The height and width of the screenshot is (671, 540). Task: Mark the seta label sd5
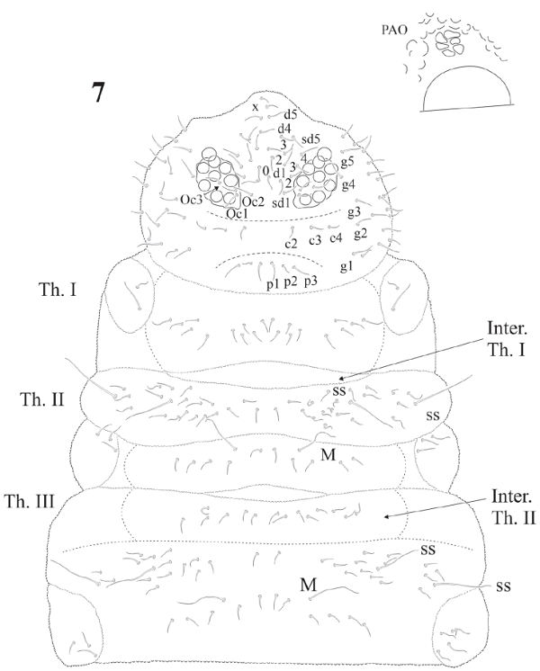click(310, 139)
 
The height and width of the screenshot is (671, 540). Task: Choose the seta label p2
click(291, 282)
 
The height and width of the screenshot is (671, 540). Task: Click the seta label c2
click(292, 244)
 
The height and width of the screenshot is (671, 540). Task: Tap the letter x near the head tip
click(255, 106)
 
